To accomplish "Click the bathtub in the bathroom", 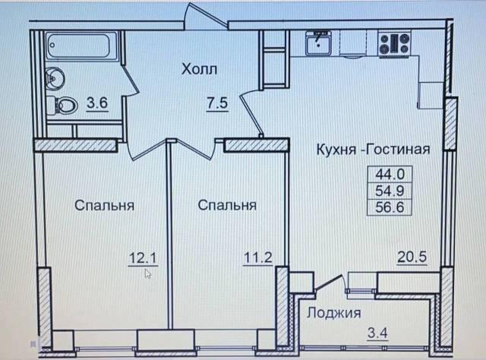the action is pos(82,46).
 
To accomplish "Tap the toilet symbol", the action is pos(62,105).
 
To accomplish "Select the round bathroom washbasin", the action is pos(55,78).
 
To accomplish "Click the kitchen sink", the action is pos(318,43).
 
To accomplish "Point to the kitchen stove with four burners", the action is pos(394,43).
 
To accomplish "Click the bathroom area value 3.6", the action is pos(97,103).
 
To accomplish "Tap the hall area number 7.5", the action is pos(218,103).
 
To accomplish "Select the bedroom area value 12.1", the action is pos(144,257).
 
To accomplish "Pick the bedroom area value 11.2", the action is pos(258,257).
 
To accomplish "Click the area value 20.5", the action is pos(412,257).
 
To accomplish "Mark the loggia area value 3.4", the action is pos(377,333).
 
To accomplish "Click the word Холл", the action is pos(199,69).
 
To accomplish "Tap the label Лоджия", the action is pos(334,313).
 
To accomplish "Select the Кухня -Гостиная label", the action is pos(373,150).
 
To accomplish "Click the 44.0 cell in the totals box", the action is pos(390,174).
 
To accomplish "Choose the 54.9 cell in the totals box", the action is pos(390,191).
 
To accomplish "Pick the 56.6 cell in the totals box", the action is pos(390,207).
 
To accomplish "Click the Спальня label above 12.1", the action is pos(105,206).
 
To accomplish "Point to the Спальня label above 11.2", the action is pos(227,205).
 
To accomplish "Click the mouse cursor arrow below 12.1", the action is pos(148,273).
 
